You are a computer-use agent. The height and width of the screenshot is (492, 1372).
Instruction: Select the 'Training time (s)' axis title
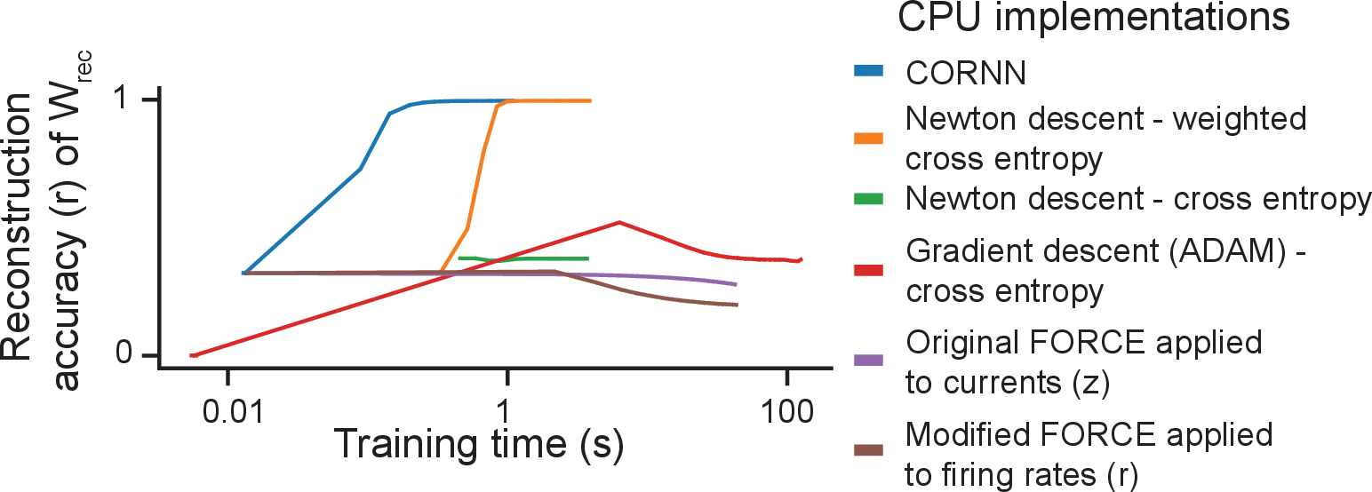(478, 442)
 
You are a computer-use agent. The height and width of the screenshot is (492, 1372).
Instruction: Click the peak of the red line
(619, 222)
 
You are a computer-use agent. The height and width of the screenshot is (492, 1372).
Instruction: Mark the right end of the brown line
(737, 306)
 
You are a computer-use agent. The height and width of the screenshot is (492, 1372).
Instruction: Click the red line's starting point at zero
(193, 355)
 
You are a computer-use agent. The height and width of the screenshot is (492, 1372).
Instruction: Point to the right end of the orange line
(590, 100)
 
